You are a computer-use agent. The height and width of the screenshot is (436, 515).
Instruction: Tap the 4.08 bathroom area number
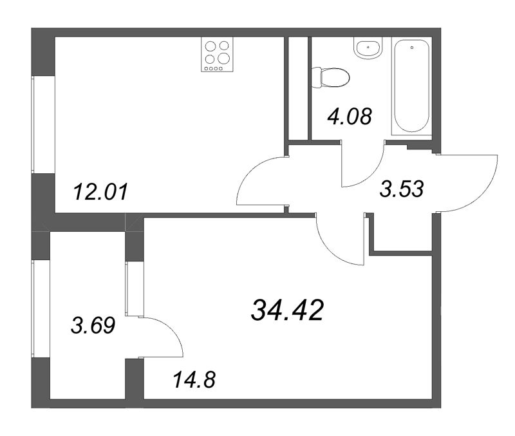350,116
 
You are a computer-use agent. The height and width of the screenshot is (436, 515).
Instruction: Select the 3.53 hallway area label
401,189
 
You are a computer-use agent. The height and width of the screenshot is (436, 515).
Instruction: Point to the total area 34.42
287,310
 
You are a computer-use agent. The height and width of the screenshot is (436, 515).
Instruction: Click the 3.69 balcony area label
93,325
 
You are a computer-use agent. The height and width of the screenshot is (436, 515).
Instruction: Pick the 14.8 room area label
194,379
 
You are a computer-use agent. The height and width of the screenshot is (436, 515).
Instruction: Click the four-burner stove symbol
217,55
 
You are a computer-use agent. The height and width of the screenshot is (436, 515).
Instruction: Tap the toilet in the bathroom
330,77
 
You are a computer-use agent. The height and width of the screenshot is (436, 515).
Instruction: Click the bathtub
412,86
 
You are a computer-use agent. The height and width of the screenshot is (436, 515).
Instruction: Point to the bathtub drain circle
412,48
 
